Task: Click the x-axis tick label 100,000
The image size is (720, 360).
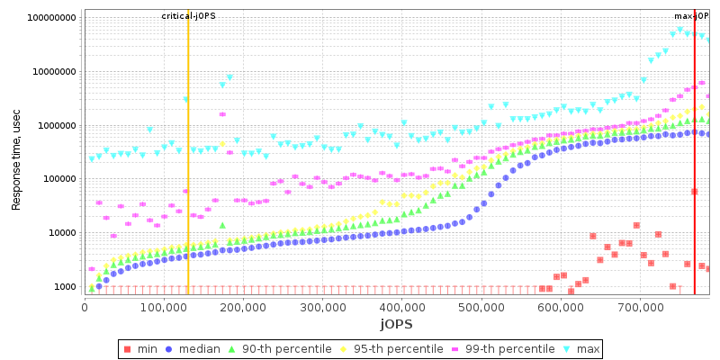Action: pyautogui.click(x=163, y=307)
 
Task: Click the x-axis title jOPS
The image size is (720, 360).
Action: pyautogui.click(x=396, y=323)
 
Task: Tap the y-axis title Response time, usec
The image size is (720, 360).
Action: pyautogui.click(x=16, y=156)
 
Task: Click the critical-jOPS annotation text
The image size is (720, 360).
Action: pyautogui.click(x=188, y=16)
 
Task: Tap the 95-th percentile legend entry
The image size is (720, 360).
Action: pyautogui.click(x=389, y=348)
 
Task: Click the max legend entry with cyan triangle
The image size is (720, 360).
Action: pyautogui.click(x=581, y=348)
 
